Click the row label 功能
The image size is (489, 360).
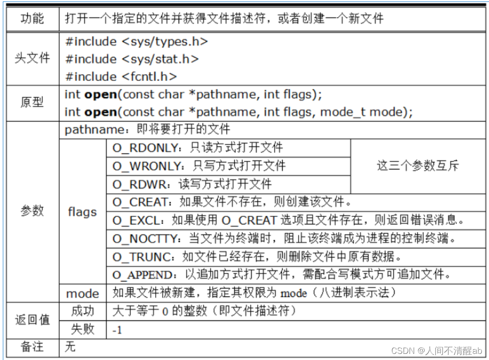pyautogui.click(x=32, y=19)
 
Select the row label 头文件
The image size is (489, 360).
pyautogui.click(x=32, y=59)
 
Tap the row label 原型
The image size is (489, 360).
pyautogui.click(x=32, y=103)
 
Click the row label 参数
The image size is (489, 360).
pyautogui.click(x=32, y=211)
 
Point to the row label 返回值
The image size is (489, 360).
pyautogui.click(x=32, y=320)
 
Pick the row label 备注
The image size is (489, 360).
pyautogui.click(x=32, y=347)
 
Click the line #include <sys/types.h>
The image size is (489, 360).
pyautogui.click(x=136, y=41)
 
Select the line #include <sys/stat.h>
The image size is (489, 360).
pyautogui.click(x=132, y=59)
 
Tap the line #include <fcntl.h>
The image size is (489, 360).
pyautogui.click(x=121, y=77)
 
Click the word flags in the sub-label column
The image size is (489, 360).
pyautogui.click(x=82, y=212)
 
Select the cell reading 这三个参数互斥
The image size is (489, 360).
pyautogui.click(x=418, y=166)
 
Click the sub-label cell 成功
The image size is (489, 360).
pyautogui.click(x=82, y=311)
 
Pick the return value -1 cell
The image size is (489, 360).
pyautogui.click(x=118, y=330)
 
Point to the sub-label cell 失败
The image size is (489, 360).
pyautogui.click(x=82, y=329)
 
